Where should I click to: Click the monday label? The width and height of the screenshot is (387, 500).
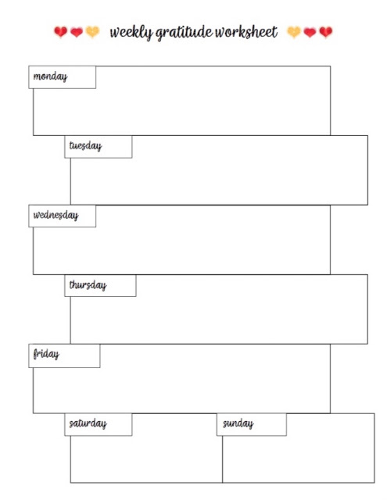[x=50, y=77]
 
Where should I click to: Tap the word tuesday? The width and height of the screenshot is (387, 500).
[x=85, y=146]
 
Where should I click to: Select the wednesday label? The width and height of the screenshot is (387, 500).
[x=56, y=216]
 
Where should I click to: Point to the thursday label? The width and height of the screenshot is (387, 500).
[x=88, y=284]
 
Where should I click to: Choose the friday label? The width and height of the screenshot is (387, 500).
[x=46, y=354]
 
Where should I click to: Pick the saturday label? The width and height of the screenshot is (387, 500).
[x=88, y=423]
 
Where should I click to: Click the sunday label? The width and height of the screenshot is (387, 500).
[x=238, y=423]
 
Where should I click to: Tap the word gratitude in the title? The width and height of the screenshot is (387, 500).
[x=185, y=33]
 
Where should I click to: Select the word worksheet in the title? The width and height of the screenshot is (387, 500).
[x=246, y=32]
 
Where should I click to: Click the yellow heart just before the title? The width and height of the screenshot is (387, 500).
[x=92, y=32]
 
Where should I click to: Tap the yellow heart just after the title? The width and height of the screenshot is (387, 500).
[x=294, y=32]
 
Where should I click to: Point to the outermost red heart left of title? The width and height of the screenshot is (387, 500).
[x=60, y=32]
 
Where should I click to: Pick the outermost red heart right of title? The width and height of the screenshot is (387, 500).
[x=326, y=32]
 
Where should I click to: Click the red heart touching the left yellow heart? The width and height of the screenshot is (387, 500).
[x=77, y=32]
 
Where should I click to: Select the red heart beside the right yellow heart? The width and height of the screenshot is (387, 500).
[x=310, y=32]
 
